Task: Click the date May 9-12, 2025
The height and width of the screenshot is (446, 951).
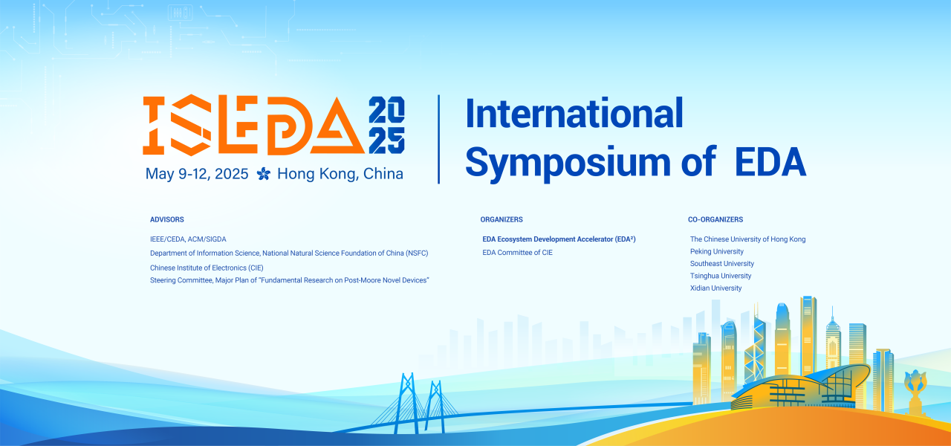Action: [x=197, y=174]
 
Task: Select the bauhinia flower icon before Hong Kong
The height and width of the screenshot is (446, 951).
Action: [x=264, y=174]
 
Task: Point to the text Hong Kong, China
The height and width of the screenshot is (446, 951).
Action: [x=340, y=174]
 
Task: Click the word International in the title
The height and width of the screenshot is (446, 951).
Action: [x=574, y=114]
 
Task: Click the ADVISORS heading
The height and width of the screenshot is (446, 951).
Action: [x=167, y=220]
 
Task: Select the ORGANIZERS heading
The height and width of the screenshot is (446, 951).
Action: [x=502, y=220]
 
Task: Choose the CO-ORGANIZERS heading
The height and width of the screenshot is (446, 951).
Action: [x=715, y=220]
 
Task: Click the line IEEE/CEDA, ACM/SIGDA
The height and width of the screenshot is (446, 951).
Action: [x=188, y=239]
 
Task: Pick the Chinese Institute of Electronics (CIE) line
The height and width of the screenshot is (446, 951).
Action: [x=207, y=268]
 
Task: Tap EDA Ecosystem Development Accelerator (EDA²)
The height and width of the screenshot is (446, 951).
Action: [x=559, y=239]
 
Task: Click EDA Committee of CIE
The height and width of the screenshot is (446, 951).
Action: [x=518, y=253]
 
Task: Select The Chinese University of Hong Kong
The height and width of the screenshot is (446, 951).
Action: [x=747, y=239]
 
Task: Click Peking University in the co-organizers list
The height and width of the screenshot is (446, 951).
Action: [x=716, y=252]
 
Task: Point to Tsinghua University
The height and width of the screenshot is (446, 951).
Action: [x=721, y=276]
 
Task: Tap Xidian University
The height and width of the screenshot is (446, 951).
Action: [x=715, y=288]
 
